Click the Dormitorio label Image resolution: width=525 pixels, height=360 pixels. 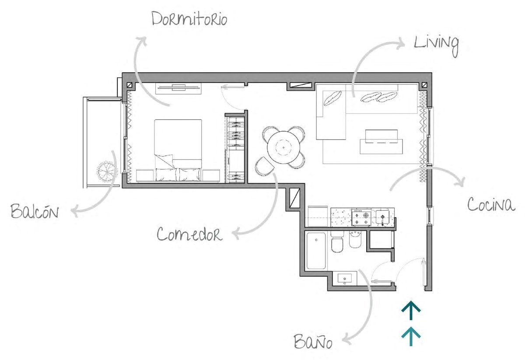coord(189,19)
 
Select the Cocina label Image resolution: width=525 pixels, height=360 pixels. coord(491,205)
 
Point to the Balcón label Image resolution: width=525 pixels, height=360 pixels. coord(35,211)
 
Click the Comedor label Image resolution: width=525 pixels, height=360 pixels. coord(189,234)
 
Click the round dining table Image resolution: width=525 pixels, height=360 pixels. coord(283,147)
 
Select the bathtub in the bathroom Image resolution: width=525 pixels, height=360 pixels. coord(316,251)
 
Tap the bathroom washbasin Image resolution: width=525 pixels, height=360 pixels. coord(345,279)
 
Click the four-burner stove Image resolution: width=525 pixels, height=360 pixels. coord(361,217)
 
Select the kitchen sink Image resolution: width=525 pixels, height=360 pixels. coord(382,217)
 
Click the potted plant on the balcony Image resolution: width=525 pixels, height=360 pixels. coord(107,171)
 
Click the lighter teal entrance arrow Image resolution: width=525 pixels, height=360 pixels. coord(411,336)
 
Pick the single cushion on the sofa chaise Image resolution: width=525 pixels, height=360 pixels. coord(332,98)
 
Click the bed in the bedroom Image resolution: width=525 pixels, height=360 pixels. coord(178,150)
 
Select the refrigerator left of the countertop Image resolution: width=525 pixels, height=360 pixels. coord(318,217)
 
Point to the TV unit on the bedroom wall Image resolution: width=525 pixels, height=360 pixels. coord(178,88)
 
